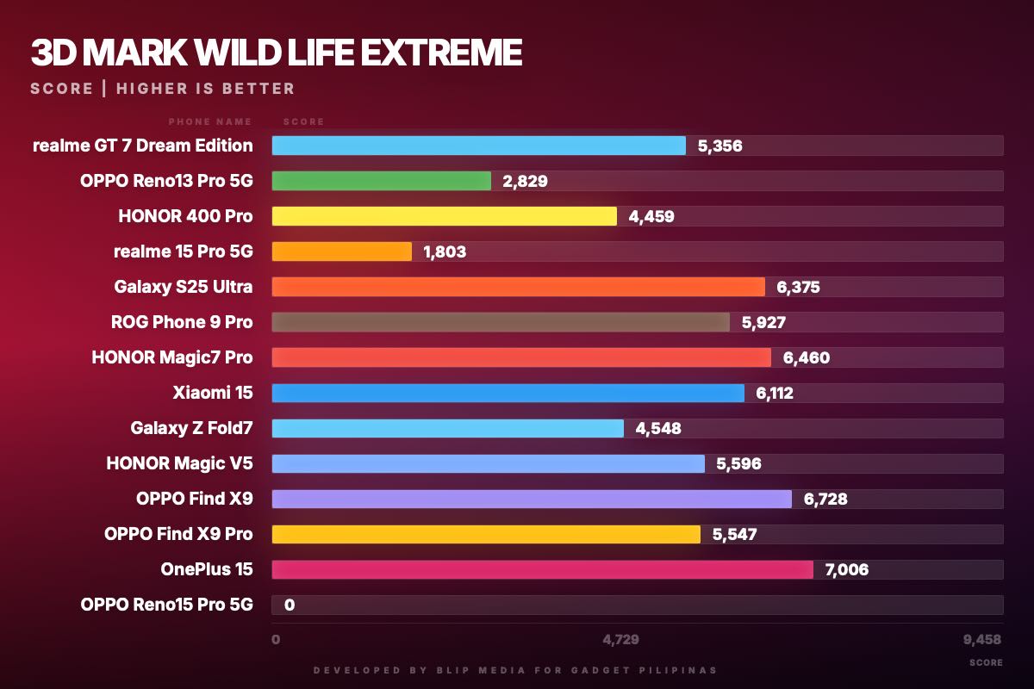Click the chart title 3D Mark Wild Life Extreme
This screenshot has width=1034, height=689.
tap(276, 53)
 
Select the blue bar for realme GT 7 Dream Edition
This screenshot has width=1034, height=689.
tap(478, 146)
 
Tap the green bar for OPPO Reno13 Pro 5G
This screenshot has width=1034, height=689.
tap(381, 181)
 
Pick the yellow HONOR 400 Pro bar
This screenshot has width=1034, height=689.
tap(444, 216)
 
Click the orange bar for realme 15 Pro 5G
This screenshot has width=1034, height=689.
tap(341, 251)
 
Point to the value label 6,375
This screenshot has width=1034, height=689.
tap(798, 287)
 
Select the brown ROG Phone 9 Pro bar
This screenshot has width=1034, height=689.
tap(501, 322)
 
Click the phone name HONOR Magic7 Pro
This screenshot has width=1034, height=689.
tap(172, 357)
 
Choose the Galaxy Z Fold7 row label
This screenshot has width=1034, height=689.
tap(191, 428)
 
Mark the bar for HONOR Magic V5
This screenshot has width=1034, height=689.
tap(488, 463)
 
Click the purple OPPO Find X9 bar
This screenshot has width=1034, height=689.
tap(532, 499)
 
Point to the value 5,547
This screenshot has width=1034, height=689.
tap(734, 534)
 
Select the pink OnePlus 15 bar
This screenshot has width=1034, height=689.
tap(542, 569)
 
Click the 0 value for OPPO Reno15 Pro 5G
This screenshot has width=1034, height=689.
tap(290, 605)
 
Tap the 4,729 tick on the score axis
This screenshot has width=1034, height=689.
tap(620, 639)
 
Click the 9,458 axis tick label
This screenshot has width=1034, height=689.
tap(982, 639)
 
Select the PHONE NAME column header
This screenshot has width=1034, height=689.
tap(210, 122)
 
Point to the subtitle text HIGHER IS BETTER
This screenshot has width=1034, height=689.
tap(205, 89)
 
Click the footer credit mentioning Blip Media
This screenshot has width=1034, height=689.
tap(514, 670)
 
